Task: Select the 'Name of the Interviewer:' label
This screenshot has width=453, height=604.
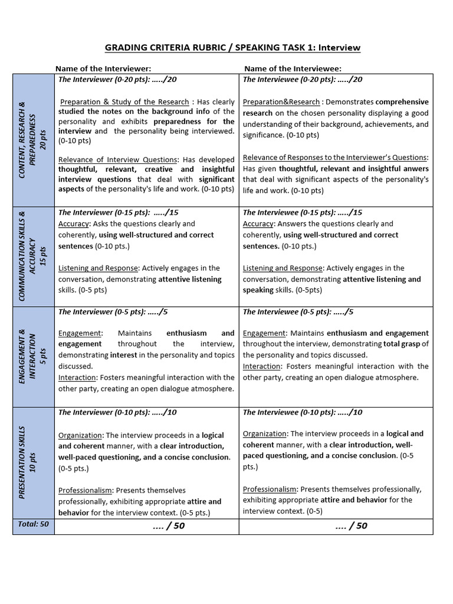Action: tap(103, 68)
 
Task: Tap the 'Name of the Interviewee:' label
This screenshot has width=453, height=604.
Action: tap(293, 68)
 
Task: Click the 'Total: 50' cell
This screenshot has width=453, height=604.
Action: tap(34, 524)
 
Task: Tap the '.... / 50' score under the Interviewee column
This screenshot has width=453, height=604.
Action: tap(351, 526)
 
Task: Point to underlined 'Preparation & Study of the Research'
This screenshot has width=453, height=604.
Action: tap(124, 102)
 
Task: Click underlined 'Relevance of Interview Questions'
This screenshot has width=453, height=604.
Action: tap(118, 159)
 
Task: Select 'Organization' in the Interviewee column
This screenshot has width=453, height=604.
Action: tap(265, 434)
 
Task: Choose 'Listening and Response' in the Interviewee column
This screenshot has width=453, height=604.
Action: tap(283, 268)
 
